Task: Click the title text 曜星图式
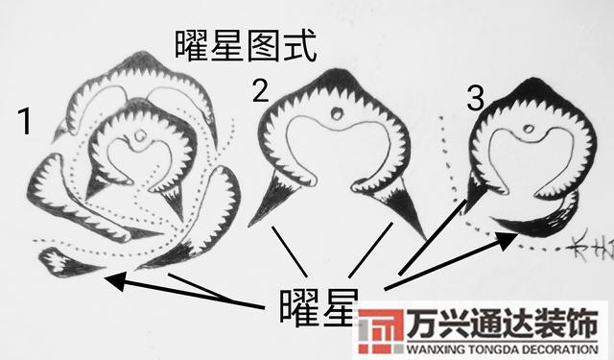coord(247,43)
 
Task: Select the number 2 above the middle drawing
coord(261,91)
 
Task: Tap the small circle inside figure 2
coord(337,115)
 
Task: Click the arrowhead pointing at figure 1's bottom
coord(109,279)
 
